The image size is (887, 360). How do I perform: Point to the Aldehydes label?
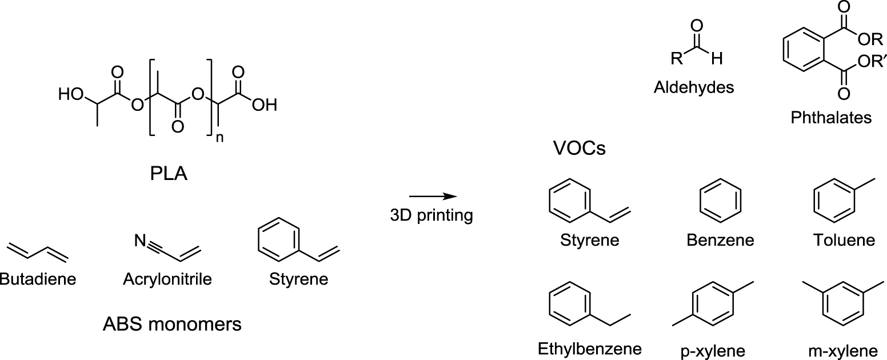coord(694,89)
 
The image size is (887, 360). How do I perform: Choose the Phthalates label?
coord(831,118)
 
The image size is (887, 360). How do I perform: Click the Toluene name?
coord(844,239)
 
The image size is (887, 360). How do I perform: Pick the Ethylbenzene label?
coord(590,348)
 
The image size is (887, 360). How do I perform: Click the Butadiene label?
coord(37,279)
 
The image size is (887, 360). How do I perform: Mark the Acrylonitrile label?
coord(167,279)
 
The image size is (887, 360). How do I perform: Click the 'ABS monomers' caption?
coord(172,325)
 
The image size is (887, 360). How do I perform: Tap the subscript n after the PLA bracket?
coord(219,139)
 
